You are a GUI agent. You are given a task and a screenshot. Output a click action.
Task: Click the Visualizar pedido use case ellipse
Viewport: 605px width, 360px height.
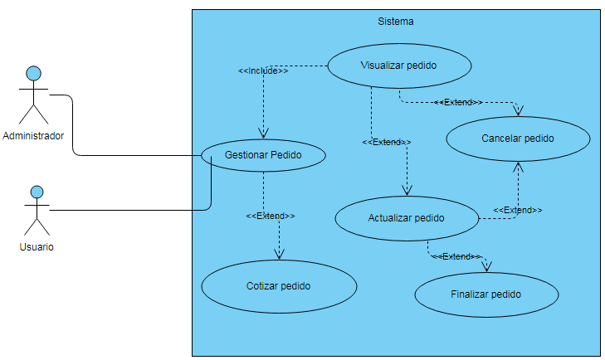point(399,66)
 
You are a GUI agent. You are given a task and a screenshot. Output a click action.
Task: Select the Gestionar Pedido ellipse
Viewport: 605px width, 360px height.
point(263,155)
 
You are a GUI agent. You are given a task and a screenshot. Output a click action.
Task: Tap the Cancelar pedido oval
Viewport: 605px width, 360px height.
point(518,139)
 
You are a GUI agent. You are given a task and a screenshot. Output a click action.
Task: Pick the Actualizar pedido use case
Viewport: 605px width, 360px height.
point(407,219)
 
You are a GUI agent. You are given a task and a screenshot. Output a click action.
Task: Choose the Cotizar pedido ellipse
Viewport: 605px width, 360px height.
point(279,286)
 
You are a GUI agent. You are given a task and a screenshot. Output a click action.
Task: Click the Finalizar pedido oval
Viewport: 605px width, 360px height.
point(486,294)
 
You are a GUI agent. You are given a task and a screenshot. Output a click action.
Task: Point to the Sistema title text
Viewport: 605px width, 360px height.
point(395,22)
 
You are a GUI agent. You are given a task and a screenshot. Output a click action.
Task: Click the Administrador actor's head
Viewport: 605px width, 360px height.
point(33,74)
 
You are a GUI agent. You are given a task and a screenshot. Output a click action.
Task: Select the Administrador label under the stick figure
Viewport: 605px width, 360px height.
point(33,136)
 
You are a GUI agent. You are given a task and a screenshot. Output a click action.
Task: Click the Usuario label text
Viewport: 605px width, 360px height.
point(37,247)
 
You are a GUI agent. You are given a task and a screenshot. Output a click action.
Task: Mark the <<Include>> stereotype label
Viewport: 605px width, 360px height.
point(263,71)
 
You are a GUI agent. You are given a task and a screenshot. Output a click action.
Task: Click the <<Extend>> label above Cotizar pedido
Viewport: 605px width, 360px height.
point(271,216)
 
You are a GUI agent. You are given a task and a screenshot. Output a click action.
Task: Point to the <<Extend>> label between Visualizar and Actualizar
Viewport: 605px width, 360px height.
point(387,143)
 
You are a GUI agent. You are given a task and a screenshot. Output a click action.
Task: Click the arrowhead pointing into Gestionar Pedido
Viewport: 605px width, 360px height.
point(263,133)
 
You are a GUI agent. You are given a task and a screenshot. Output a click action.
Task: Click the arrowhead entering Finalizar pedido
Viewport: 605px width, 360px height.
point(487,265)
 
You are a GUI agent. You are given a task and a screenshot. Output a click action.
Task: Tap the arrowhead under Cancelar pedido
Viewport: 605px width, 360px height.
point(519,168)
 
